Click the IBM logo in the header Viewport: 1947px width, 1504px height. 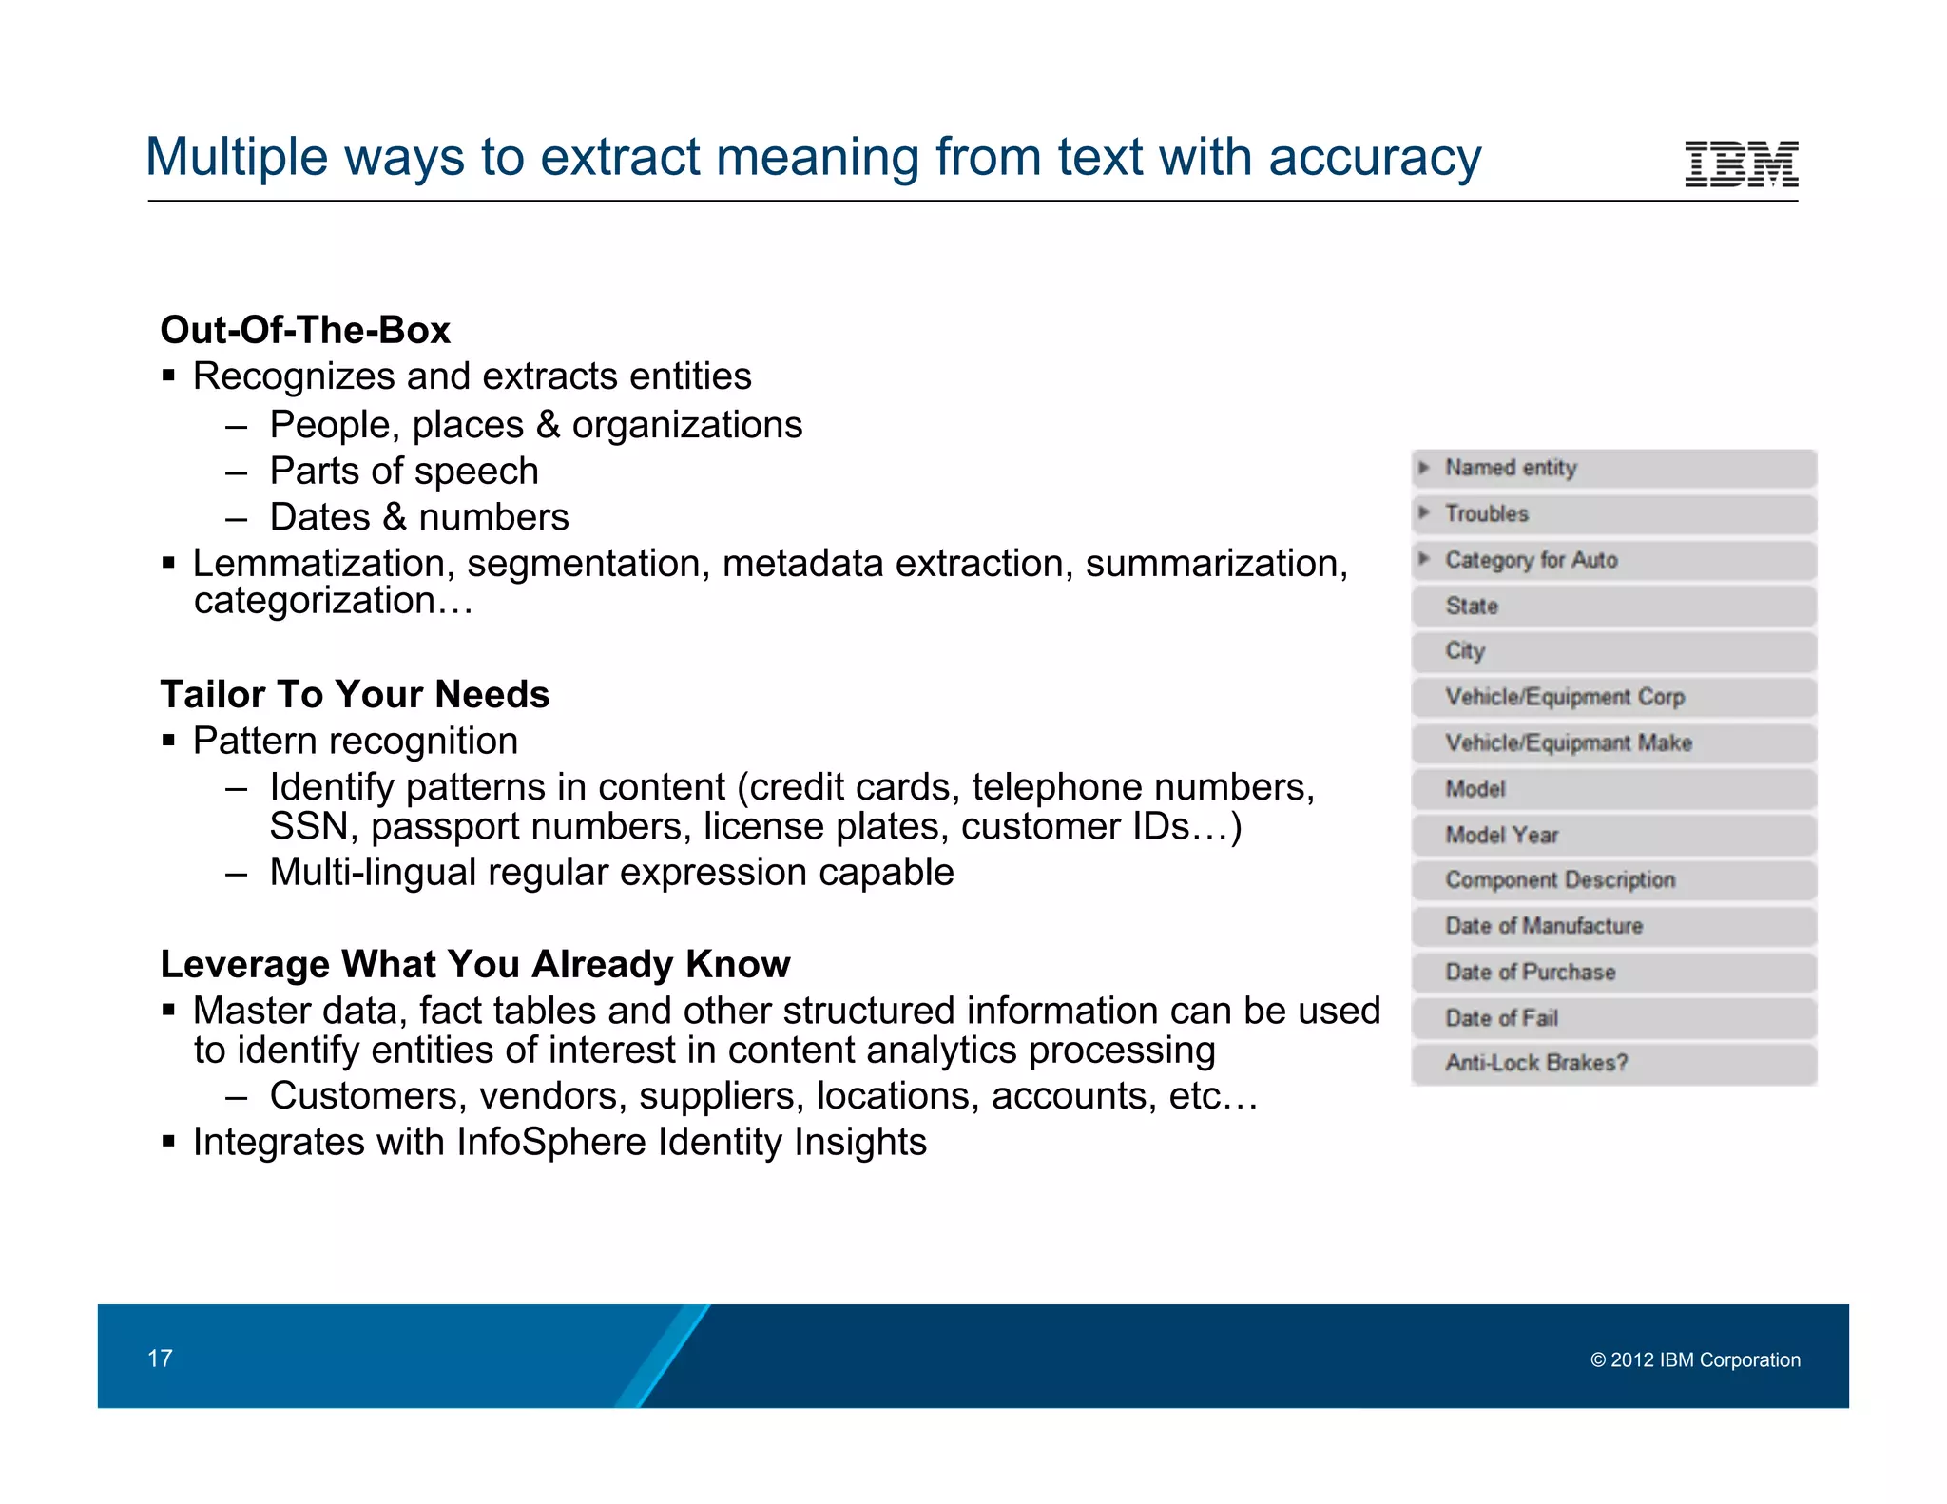1741,164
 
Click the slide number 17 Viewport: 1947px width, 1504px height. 160,1358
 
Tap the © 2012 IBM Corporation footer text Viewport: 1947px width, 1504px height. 1695,1359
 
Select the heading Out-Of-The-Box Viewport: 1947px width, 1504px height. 305,330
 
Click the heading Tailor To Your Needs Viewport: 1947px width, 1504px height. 355,694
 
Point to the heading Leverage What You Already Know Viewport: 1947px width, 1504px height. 475,964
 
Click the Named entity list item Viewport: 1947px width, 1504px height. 1511,468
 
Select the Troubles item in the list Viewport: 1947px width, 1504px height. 1487,513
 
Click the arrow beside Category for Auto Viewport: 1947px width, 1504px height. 1424,559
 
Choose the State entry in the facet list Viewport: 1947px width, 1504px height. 1472,606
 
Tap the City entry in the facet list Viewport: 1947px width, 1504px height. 1465,651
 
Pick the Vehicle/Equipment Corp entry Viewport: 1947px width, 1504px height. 1565,697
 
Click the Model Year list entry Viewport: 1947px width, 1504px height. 1502,835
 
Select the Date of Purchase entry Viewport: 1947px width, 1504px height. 1531,972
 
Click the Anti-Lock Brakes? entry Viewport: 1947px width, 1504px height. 1536,1063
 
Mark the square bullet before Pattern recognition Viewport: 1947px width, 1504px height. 168,741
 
